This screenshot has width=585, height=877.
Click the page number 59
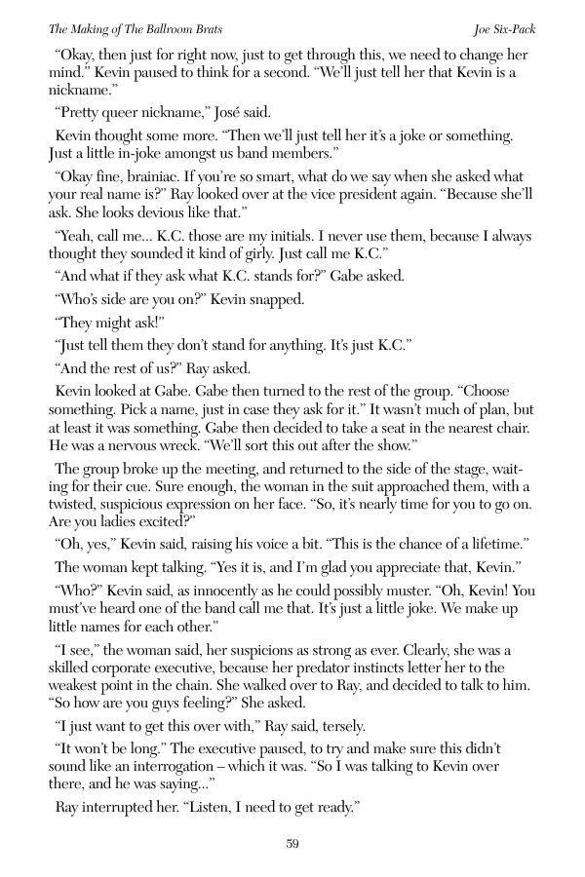tap(292, 843)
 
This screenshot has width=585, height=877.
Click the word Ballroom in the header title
tap(163, 29)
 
